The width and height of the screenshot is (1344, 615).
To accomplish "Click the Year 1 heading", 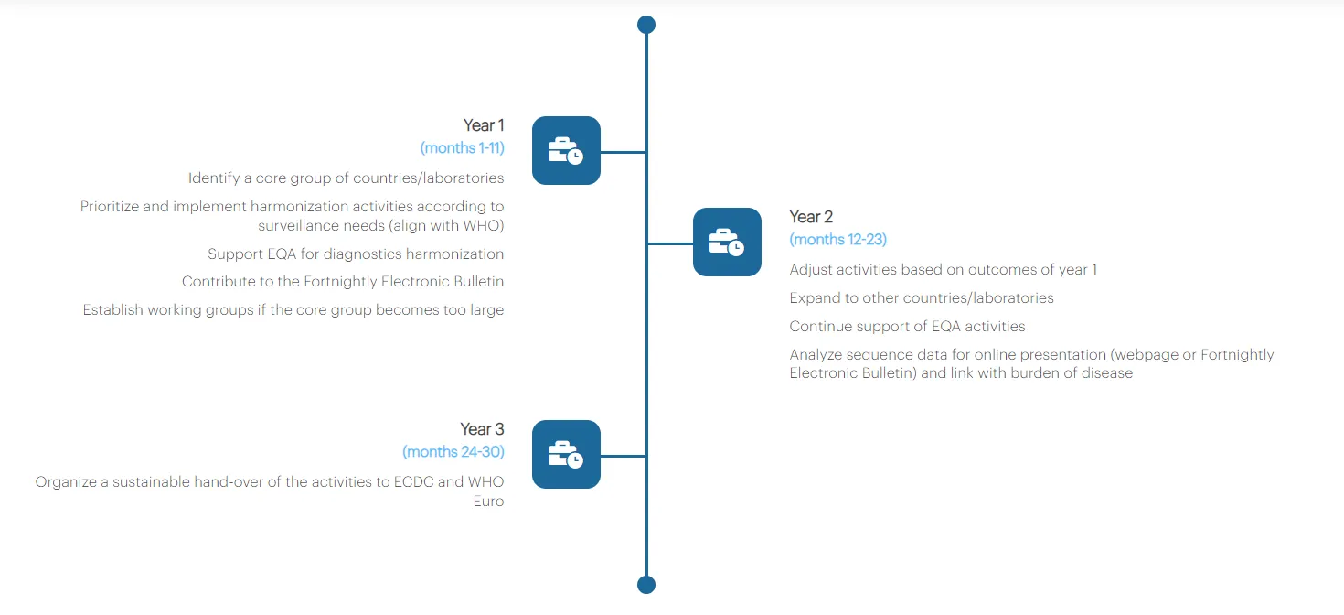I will click(x=483, y=125).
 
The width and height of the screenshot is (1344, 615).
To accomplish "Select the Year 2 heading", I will click(x=811, y=217).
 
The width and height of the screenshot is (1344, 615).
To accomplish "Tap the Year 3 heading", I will click(x=482, y=429).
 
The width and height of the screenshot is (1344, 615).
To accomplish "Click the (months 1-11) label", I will click(x=462, y=147).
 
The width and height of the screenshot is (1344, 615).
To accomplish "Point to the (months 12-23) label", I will click(x=837, y=239).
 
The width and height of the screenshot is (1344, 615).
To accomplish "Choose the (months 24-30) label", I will click(x=453, y=451).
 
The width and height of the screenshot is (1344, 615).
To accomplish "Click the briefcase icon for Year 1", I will click(x=566, y=151).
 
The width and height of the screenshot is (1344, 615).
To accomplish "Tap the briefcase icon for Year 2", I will click(x=727, y=243).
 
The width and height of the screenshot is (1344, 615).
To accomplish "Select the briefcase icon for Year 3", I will click(x=566, y=455).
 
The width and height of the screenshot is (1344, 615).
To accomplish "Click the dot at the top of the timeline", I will click(x=646, y=25).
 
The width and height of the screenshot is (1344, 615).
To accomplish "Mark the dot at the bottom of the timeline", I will click(x=646, y=585).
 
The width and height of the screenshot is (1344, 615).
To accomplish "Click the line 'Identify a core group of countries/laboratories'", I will click(x=346, y=178).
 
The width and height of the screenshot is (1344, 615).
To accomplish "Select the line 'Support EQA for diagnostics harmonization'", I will click(x=356, y=254).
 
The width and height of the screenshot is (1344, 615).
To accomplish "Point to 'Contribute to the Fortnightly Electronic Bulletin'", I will click(x=343, y=282).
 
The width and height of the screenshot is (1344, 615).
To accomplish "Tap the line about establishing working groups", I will click(x=293, y=310).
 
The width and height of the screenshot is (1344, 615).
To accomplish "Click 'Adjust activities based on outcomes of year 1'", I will click(x=943, y=270).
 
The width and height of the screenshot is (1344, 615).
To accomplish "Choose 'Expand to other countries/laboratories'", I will click(x=922, y=298).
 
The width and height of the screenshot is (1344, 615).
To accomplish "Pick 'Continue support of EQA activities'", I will click(x=907, y=327).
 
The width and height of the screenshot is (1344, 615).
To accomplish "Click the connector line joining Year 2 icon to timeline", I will click(x=670, y=243).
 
